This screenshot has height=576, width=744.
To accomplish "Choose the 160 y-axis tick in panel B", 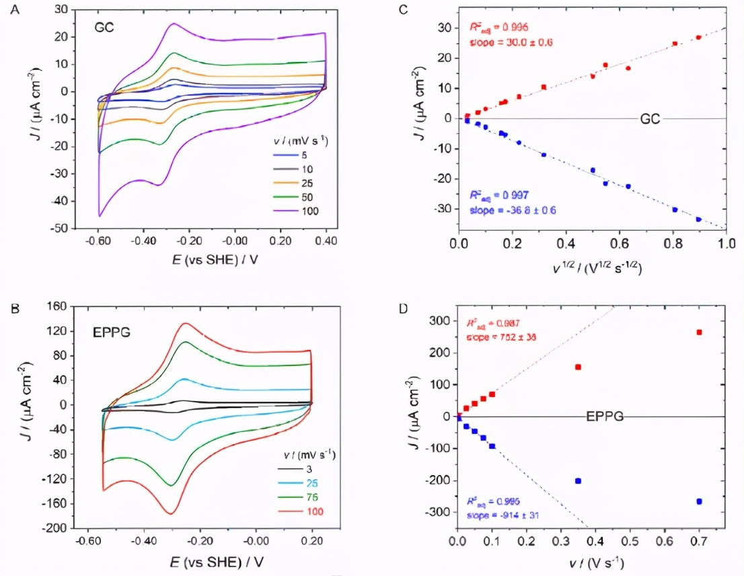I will point(64,306).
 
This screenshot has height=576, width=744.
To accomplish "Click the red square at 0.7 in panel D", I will point(699,332).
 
